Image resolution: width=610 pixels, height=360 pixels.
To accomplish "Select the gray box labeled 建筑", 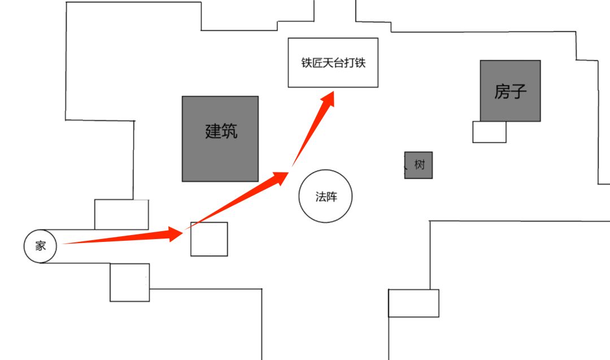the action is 220,138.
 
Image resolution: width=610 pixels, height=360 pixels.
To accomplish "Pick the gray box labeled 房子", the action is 510,90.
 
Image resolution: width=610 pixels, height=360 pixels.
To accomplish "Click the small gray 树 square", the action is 418,165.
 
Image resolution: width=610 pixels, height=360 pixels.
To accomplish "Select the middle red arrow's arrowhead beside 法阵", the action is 281,178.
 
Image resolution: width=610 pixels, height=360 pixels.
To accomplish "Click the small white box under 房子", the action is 489,132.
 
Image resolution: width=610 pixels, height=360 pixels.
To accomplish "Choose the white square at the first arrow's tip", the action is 209,239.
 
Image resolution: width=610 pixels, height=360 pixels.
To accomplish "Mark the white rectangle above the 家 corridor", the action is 121,214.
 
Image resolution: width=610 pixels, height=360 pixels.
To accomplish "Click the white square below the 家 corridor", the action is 129,283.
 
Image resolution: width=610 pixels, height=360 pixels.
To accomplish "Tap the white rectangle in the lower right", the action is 413,303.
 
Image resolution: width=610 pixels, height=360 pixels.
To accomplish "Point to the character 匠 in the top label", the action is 317,63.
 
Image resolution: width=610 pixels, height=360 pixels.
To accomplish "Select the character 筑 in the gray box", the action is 229,131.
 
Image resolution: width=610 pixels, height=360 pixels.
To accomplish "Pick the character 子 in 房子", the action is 518,91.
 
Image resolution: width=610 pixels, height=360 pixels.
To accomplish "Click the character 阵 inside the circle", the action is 332,197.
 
